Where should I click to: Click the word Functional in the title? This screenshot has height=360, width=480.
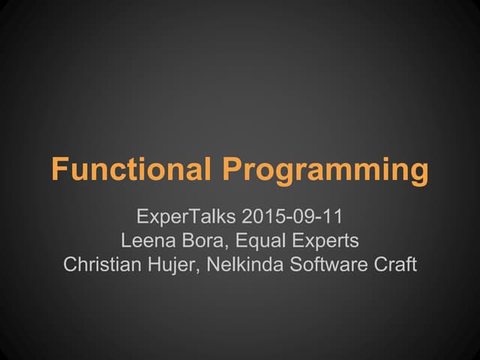(x=131, y=169)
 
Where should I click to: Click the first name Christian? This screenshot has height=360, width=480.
(x=95, y=265)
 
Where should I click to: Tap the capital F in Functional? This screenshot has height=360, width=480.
(x=58, y=169)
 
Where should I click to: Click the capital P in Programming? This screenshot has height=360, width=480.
(x=229, y=169)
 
